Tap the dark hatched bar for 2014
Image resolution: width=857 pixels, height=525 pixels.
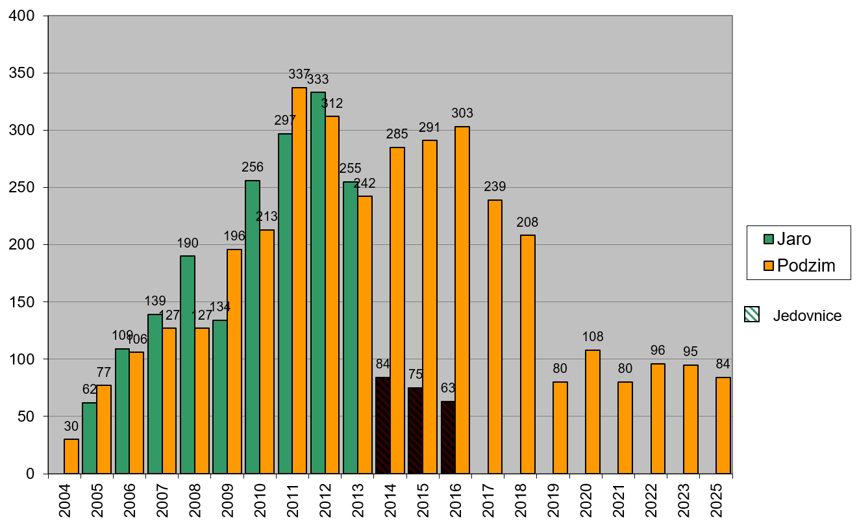(383, 426)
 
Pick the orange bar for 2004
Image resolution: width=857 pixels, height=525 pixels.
(71, 456)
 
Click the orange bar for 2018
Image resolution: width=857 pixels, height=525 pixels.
(528, 354)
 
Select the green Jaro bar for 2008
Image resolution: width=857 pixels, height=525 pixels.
(188, 365)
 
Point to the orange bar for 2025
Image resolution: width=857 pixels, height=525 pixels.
(723, 426)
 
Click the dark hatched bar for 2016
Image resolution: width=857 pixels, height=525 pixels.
(448, 437)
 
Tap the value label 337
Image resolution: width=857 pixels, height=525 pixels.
(299, 75)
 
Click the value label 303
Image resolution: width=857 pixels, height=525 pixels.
(462, 114)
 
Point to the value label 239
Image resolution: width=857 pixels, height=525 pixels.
(495, 187)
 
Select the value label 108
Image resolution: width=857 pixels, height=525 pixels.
(593, 337)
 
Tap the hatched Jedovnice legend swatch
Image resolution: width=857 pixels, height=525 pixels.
(751, 316)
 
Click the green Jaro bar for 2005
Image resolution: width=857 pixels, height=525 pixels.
(90, 438)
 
